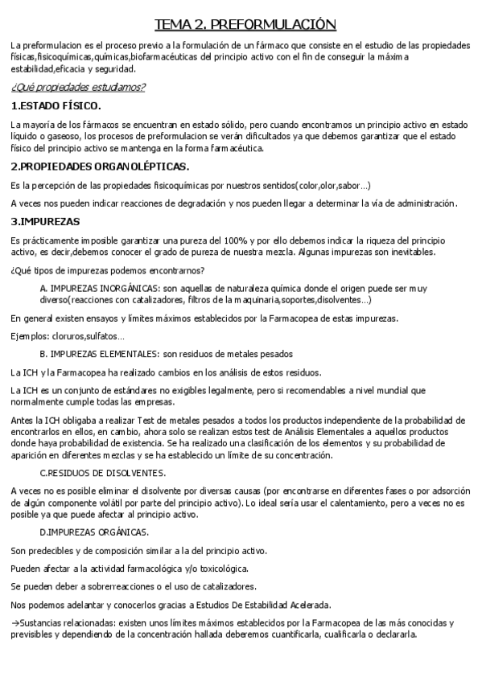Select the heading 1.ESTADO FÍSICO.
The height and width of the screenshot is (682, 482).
tap(56, 105)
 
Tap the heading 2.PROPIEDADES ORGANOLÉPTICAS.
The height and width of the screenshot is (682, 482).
tap(100, 166)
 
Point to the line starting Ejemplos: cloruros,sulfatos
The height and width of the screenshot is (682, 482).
tap(68, 335)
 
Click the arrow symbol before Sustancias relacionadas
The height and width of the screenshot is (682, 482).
tap(15, 623)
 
